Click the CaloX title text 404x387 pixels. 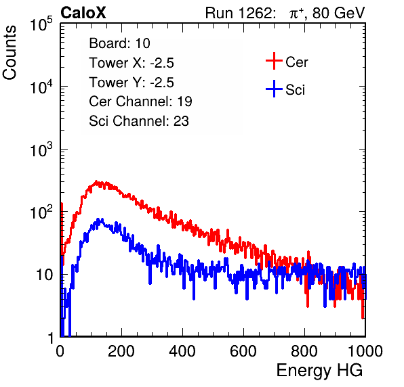coord(83,13)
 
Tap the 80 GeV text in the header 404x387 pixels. coord(338,13)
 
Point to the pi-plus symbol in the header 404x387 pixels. coord(296,13)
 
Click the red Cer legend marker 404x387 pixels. coord(274,61)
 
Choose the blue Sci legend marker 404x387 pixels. coord(274,89)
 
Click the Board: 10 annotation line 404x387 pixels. coord(119,43)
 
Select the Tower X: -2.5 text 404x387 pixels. coord(132,63)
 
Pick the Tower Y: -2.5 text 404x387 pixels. coord(132,83)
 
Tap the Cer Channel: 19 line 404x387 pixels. coord(140,101)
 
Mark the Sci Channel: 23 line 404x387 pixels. coord(139,121)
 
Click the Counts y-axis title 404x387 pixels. coord(9,53)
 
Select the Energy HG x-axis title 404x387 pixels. coord(319,370)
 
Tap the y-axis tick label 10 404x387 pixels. coord(45,275)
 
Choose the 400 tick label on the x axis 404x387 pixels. coord(182,351)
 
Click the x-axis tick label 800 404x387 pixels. coord(304,351)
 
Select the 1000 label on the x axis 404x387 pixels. coord(365,351)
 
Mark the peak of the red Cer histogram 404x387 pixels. coord(96,181)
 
